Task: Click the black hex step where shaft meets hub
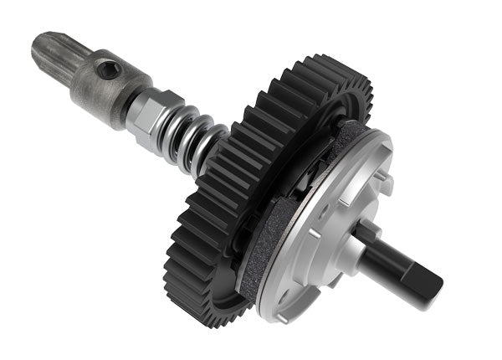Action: click(x=368, y=239)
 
